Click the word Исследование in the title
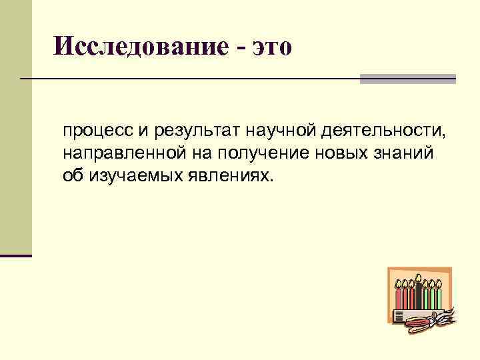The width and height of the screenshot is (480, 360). tap(142, 46)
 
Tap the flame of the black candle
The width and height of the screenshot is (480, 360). tap(419, 278)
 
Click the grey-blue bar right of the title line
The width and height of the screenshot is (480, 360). tap(408, 79)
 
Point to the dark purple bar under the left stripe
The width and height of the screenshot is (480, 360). tap(16, 255)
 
